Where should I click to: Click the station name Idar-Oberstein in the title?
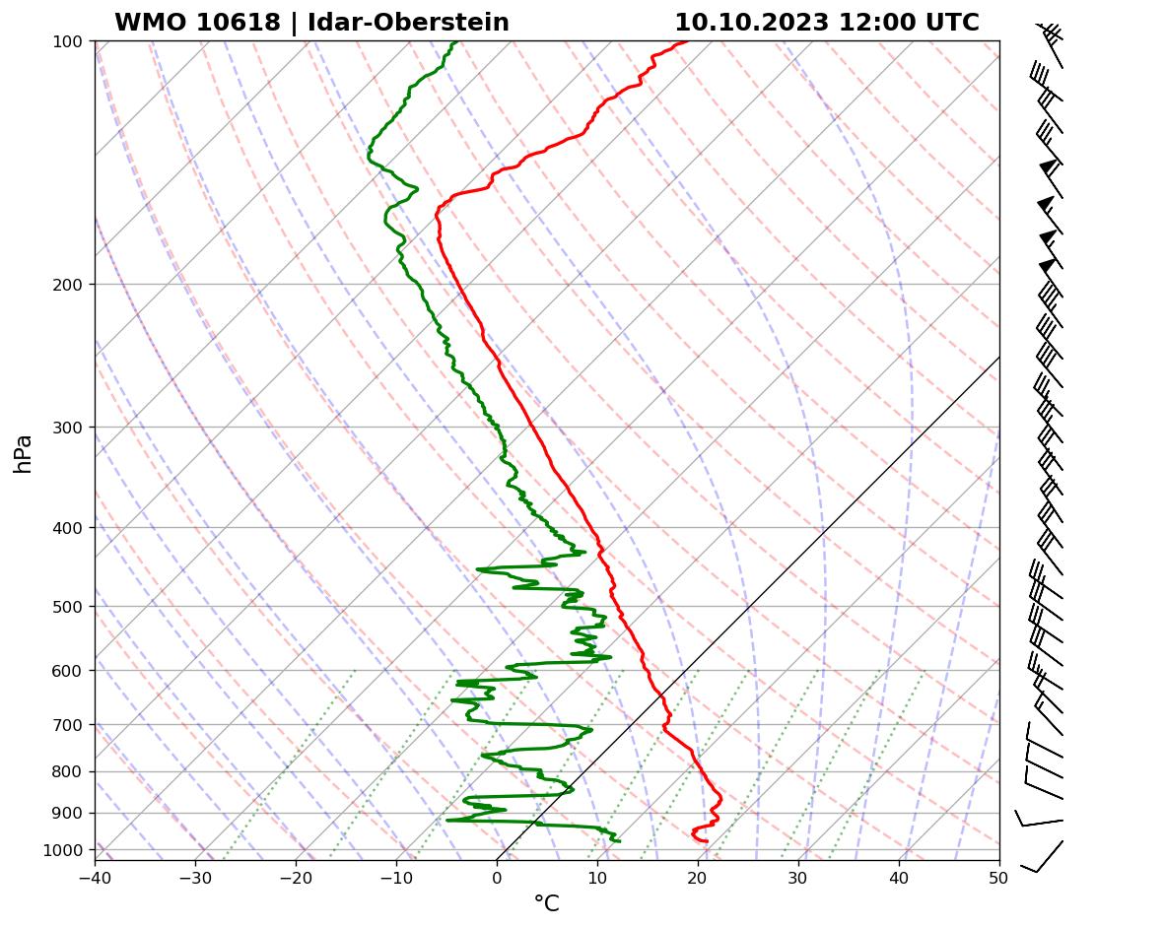(408, 23)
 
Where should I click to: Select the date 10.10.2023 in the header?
(751, 23)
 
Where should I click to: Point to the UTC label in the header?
(954, 23)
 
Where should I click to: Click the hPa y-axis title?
(24, 453)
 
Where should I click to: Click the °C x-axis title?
(546, 904)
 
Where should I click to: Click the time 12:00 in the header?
(874, 23)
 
